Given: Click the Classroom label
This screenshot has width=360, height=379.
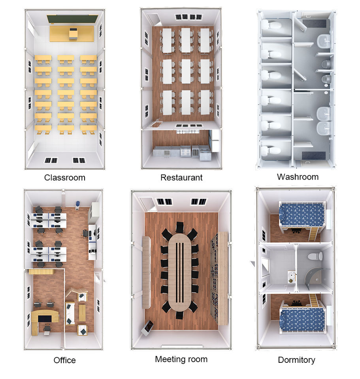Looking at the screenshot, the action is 64,178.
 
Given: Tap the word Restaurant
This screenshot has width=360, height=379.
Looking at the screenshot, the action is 181,178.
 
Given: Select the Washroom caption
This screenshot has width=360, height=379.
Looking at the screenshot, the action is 298,176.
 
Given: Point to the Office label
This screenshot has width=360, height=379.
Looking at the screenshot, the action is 64,360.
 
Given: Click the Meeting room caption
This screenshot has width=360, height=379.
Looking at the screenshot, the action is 181,359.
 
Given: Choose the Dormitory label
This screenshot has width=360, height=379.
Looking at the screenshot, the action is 296,360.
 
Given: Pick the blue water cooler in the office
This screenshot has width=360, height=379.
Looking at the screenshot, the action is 77,204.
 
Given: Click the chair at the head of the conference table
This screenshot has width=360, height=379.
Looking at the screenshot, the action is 179,227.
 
